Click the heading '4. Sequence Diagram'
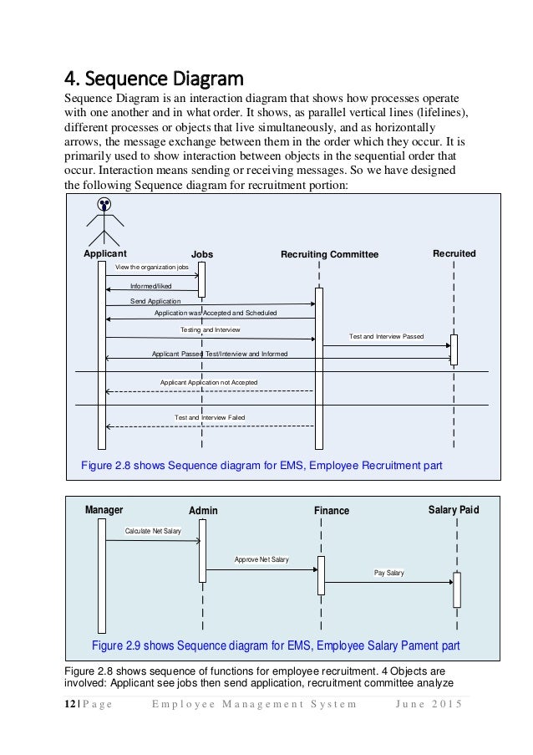(154, 80)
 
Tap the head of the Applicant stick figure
(104, 203)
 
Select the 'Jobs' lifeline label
(202, 254)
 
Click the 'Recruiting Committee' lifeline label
(329, 254)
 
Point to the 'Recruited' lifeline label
(454, 253)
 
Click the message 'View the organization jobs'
(152, 267)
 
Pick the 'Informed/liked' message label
(150, 286)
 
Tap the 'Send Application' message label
(155, 300)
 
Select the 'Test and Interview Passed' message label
(386, 336)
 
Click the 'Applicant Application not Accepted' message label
(208, 382)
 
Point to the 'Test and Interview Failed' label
(210, 417)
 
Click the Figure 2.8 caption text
(260, 465)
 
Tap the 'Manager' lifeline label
(104, 509)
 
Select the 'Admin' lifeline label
(203, 511)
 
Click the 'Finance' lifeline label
(332, 511)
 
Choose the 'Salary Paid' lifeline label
(454, 509)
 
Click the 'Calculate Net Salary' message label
(153, 531)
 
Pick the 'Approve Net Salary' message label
(261, 559)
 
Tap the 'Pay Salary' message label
(388, 573)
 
